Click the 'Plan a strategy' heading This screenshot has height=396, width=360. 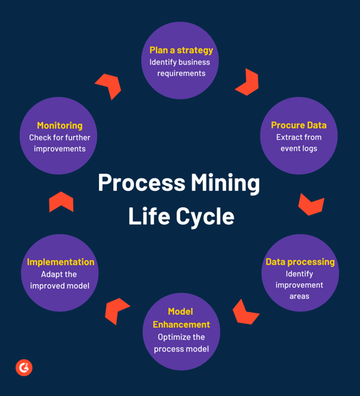(x=181, y=50)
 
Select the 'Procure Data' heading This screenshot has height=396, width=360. (x=298, y=126)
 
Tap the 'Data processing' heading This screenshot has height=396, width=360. (x=300, y=262)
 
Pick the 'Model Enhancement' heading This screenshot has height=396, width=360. (x=181, y=318)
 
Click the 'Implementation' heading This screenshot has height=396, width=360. (x=60, y=262)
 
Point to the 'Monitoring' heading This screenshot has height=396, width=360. (x=60, y=126)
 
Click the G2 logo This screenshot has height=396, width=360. (x=24, y=367)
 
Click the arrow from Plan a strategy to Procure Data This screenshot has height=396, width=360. (x=247, y=82)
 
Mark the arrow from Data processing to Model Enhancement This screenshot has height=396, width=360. (x=245, y=312)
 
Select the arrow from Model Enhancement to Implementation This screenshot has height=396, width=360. (x=116, y=310)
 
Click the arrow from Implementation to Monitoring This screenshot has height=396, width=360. (x=61, y=202)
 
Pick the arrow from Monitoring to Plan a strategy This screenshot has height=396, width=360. (x=109, y=85)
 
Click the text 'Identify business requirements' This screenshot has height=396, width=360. (x=181, y=67)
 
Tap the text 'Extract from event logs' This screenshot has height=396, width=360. (x=298, y=143)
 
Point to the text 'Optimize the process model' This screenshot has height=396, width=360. (x=181, y=343)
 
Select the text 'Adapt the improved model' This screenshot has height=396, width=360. (x=60, y=280)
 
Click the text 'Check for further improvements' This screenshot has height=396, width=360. (x=60, y=143)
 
